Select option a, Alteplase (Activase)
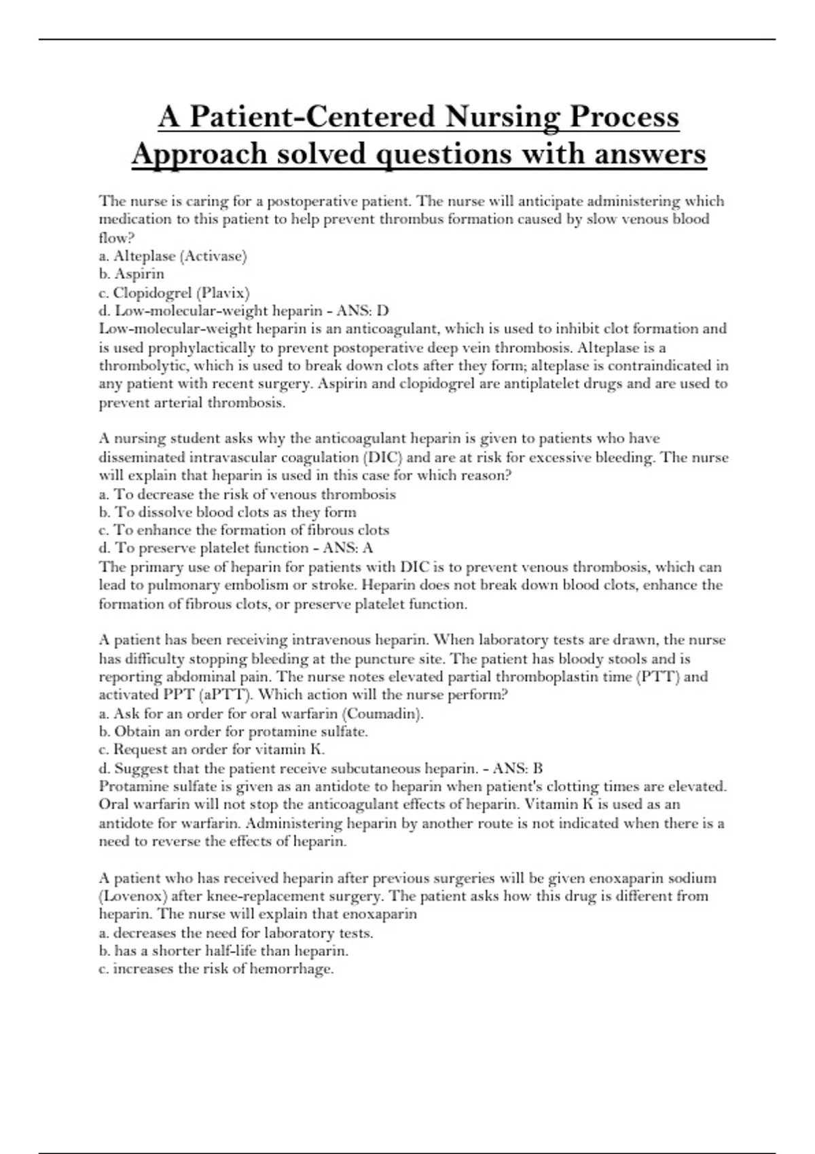click(x=173, y=256)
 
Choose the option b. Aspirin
click(x=132, y=274)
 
